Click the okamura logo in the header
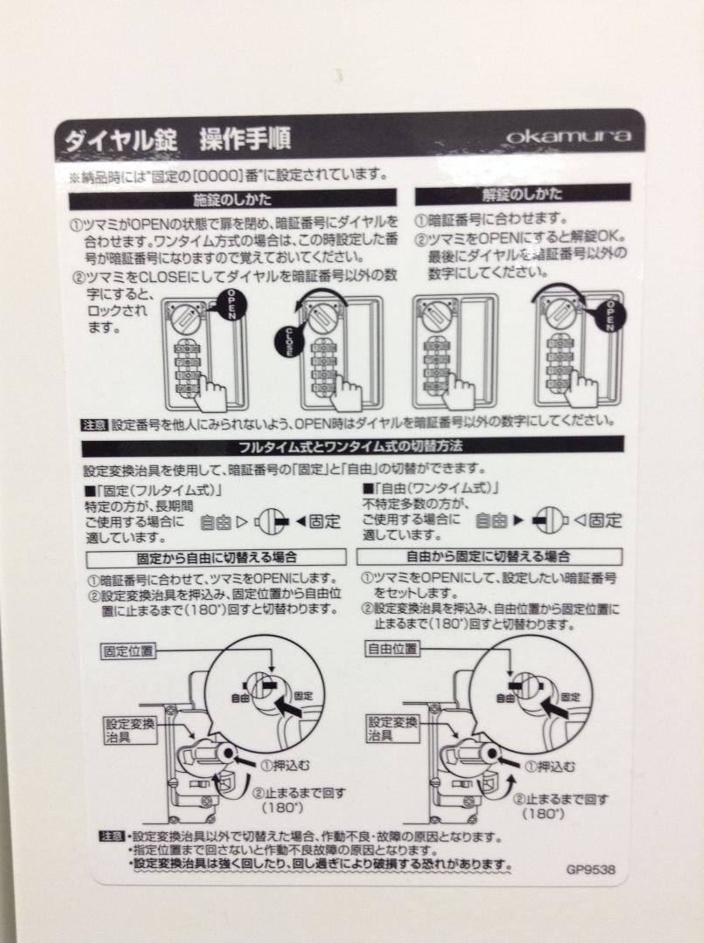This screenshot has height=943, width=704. point(568,136)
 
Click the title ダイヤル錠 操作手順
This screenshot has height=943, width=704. point(177,140)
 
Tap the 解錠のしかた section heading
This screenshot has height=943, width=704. point(522,194)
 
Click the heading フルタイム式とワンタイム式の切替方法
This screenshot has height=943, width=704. point(351,446)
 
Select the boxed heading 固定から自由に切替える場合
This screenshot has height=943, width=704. point(217,557)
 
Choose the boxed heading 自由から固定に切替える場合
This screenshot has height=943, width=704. point(488,556)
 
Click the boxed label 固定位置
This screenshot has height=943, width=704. point(128,650)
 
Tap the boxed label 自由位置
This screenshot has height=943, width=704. point(391,649)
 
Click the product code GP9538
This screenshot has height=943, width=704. point(590,869)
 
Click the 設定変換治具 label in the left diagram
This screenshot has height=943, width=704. point(130,730)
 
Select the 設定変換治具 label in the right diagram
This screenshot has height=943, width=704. point(392,728)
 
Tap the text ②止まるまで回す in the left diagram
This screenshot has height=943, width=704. point(299,793)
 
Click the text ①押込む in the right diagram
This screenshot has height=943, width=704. point(549,767)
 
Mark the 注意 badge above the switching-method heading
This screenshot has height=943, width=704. point(94,424)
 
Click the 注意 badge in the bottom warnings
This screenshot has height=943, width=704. point(112,836)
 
